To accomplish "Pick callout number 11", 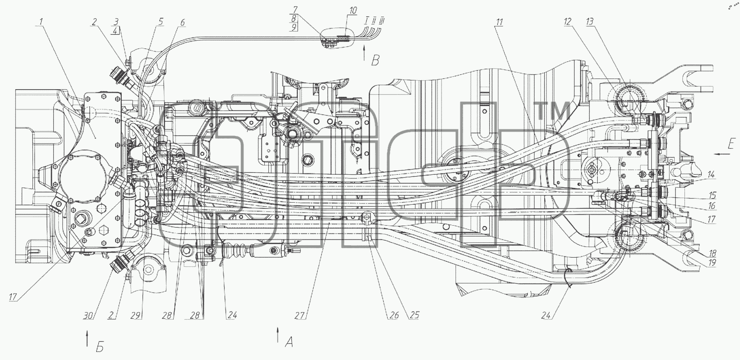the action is [x=499, y=22].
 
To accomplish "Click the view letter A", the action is [x=289, y=342].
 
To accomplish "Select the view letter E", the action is [x=731, y=144].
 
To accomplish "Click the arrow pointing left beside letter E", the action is [x=722, y=154].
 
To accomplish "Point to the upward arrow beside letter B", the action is [x=364, y=54].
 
